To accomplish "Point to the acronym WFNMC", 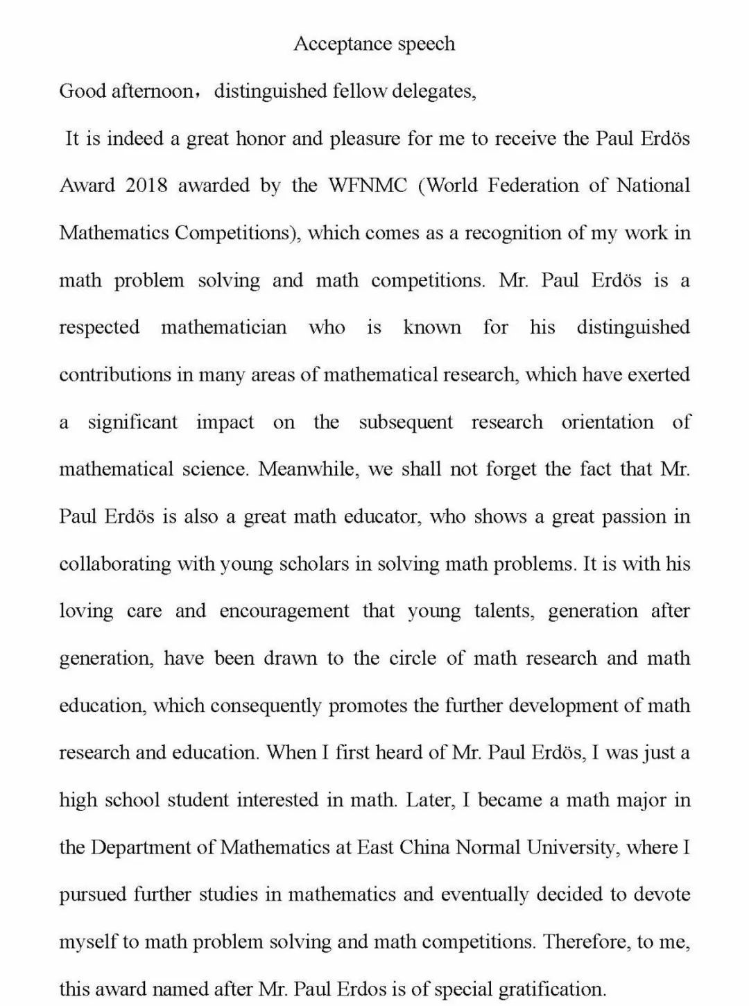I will tap(368, 186).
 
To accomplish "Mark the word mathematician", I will tap(223, 327).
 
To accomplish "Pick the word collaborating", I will tap(115, 564).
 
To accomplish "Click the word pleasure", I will tap(365, 139).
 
